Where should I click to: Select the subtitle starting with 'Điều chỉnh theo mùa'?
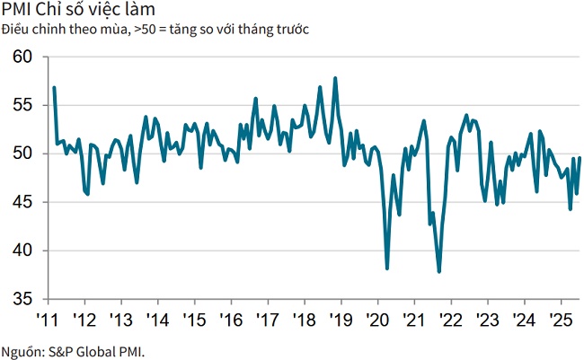[155, 30]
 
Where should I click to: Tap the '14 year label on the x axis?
[156, 320]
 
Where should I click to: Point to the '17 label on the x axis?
[267, 320]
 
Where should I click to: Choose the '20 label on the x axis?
[377, 320]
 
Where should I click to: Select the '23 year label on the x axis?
[487, 320]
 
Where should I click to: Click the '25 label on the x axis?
[561, 320]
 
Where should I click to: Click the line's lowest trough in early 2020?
[387, 268]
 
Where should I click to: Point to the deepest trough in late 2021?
[439, 271]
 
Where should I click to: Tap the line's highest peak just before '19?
[335, 78]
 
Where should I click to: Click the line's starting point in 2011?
[54, 88]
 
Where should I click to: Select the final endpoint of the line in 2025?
[580, 158]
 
